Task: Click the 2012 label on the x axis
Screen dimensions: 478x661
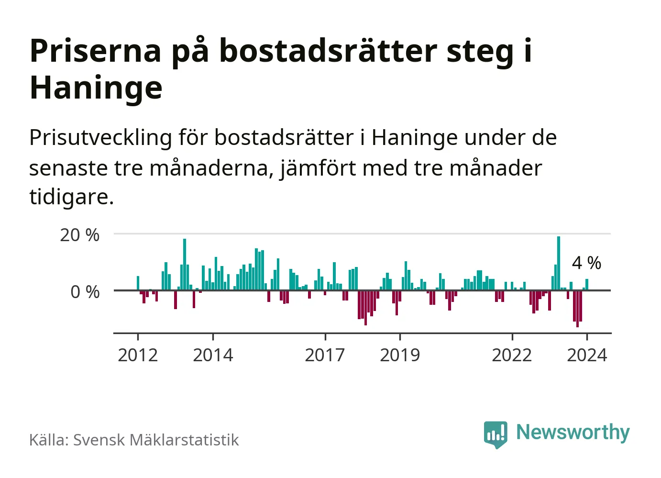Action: click(x=138, y=355)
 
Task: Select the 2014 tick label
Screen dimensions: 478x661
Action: click(x=213, y=355)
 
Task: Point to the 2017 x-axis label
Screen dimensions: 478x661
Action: click(x=325, y=355)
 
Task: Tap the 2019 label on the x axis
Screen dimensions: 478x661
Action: click(x=400, y=355)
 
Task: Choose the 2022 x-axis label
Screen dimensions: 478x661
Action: click(x=512, y=355)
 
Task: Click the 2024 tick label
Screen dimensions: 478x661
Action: click(x=587, y=355)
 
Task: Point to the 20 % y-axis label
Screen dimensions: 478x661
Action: click(x=79, y=235)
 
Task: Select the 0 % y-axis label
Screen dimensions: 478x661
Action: click(x=85, y=292)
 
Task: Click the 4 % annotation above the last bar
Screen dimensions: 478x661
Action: click(x=586, y=263)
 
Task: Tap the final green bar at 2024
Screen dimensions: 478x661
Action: click(x=587, y=285)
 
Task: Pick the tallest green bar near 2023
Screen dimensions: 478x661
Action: click(x=559, y=263)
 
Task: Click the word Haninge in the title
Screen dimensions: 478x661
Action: click(x=96, y=88)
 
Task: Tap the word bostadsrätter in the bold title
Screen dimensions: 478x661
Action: click(x=328, y=51)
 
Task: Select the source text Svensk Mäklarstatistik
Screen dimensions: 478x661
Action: click(x=156, y=440)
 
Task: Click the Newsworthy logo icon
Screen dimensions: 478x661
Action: click(x=496, y=434)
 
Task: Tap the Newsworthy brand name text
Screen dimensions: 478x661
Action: click(x=573, y=432)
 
